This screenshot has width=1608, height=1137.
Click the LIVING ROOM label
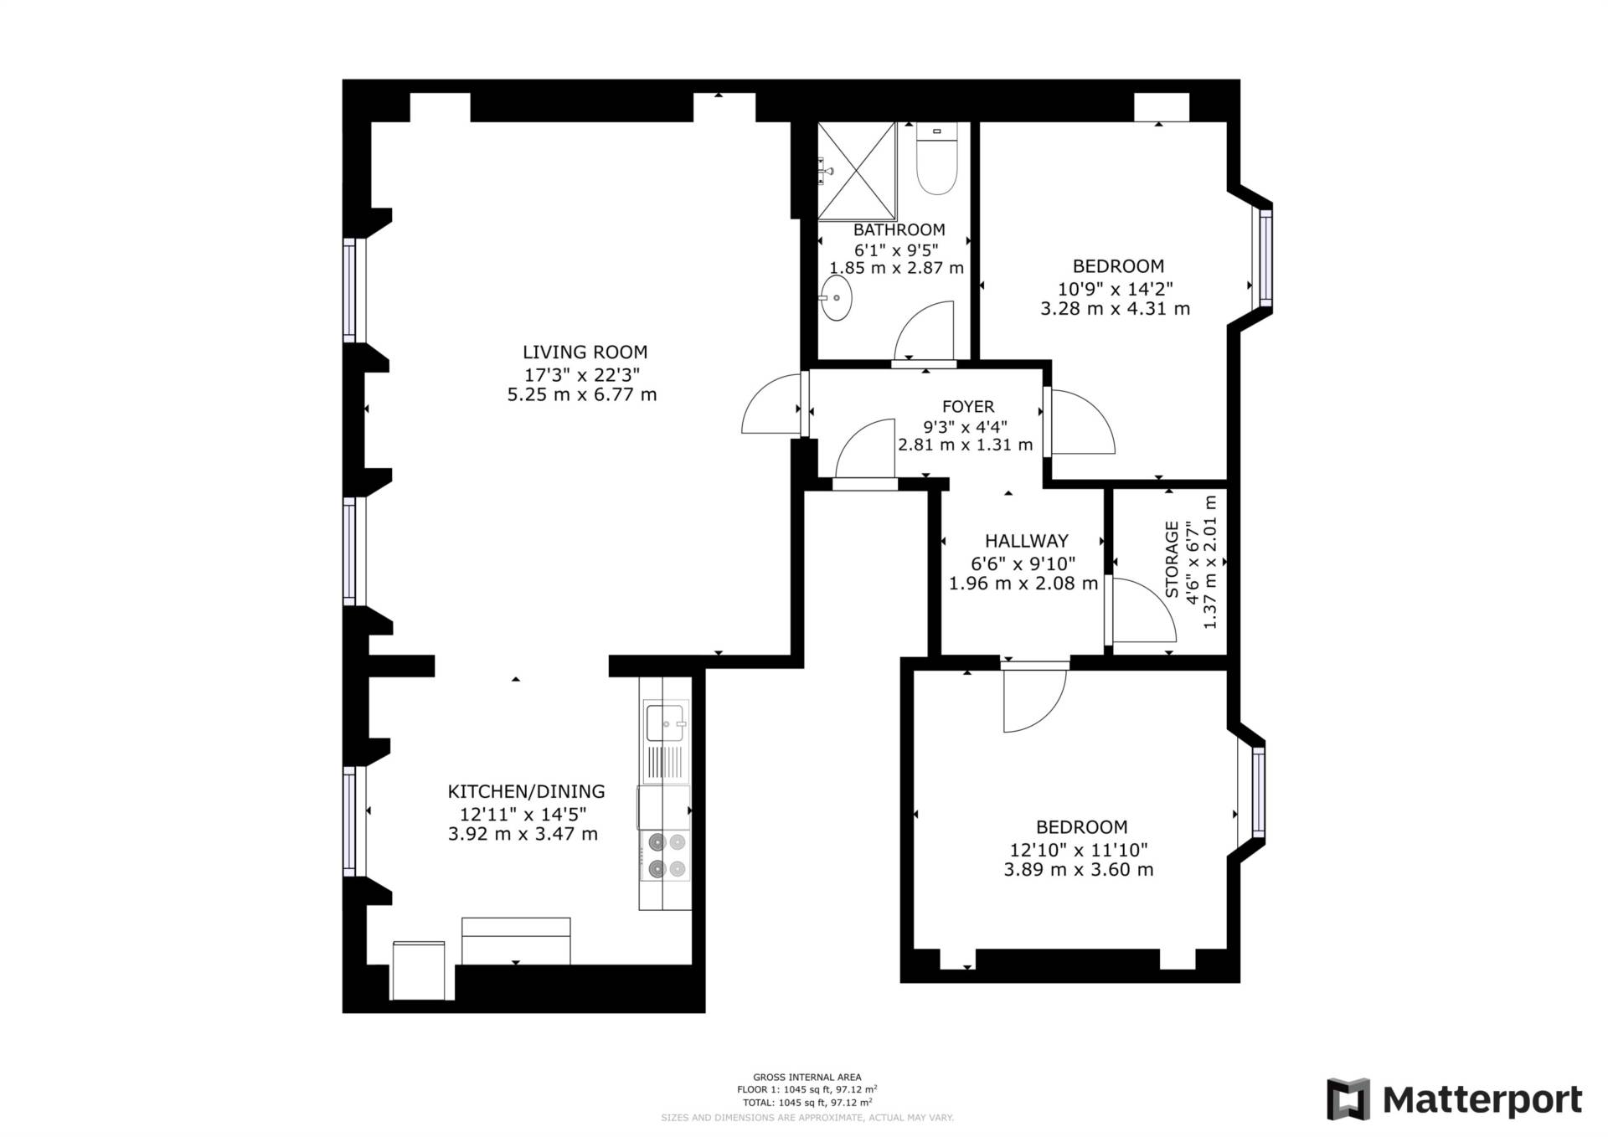(585, 352)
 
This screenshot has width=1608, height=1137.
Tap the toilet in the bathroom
(936, 159)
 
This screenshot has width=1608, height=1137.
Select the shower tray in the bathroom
(857, 170)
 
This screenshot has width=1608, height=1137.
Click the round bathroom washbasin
(836, 298)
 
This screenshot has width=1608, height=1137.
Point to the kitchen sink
(666, 722)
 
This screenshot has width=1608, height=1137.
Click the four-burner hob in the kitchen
(666, 855)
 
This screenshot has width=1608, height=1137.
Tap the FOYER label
(968, 407)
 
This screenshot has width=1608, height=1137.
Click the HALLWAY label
(1026, 541)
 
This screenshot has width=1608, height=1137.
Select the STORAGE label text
(1172, 559)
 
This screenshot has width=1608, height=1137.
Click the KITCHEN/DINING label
(526, 791)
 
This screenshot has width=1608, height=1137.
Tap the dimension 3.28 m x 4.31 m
(1115, 308)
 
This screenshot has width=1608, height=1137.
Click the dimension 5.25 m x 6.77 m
(582, 394)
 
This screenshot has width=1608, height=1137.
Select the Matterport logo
(1455, 1098)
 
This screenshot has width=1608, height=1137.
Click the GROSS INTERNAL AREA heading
(807, 1078)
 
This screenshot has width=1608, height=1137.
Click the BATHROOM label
(899, 229)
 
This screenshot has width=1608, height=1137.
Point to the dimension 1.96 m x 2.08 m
(1023, 584)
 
